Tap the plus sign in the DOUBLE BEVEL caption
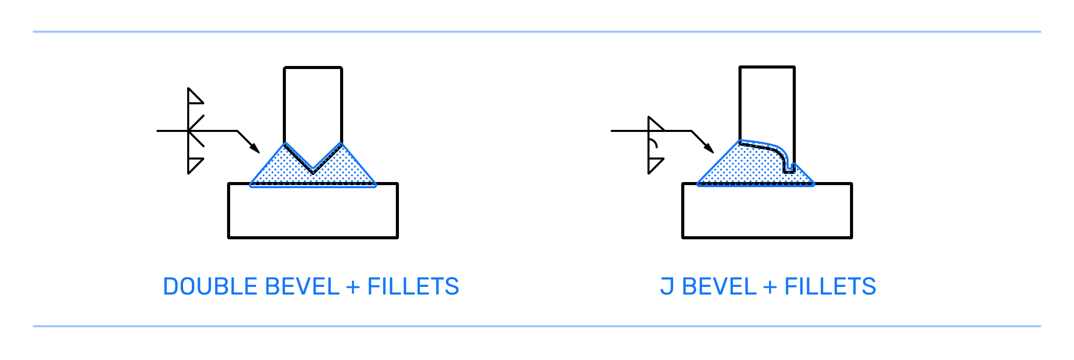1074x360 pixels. pos(353,287)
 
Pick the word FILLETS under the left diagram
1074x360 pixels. pos(413,287)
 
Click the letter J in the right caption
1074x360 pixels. pos(666,287)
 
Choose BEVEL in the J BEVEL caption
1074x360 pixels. pos(719,287)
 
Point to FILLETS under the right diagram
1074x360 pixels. pos(830,287)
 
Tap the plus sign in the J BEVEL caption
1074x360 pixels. pos(770,287)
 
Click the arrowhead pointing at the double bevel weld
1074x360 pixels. pos(254,148)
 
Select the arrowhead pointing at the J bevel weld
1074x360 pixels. pos(708,148)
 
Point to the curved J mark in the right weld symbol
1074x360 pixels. pos(653,143)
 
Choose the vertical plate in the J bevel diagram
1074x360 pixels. pos(767,102)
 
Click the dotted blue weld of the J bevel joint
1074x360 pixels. pos(742,166)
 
